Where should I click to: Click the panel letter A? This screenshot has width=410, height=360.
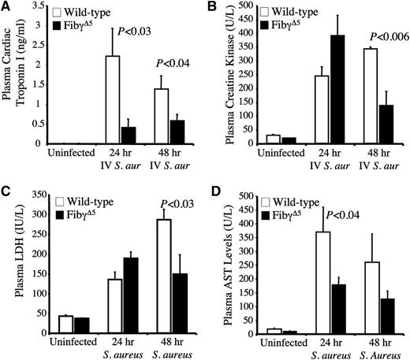click(6, 7)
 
